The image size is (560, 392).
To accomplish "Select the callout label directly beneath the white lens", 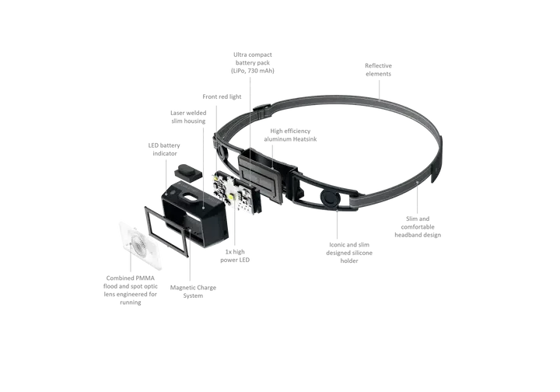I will click(130, 289).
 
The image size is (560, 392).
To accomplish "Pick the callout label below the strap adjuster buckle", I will click(420, 231).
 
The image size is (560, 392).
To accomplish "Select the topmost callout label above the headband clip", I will click(254, 62).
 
